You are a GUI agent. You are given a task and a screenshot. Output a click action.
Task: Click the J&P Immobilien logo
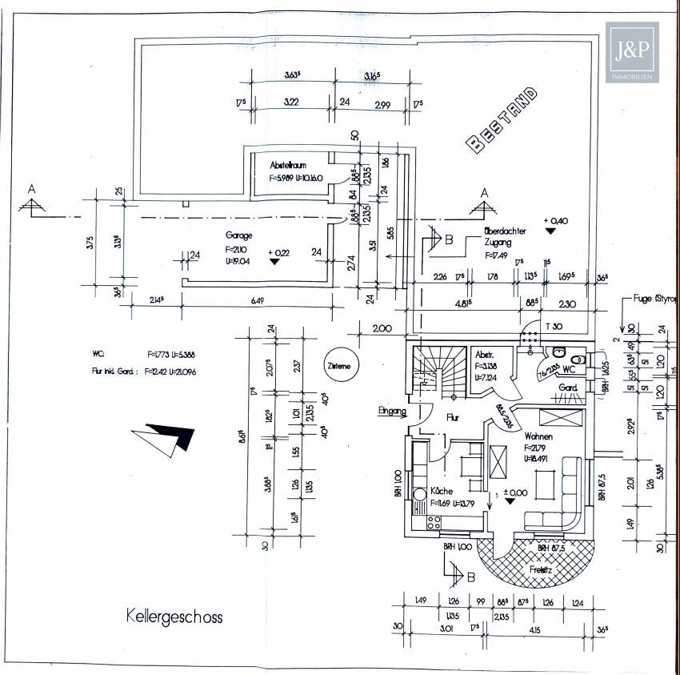pos(631,53)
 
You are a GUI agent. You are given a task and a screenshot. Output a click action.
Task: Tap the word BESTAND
pos(502,119)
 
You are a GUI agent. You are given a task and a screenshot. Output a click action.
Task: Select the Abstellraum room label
pos(288,163)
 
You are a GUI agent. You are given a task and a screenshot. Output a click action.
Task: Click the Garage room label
pos(238,235)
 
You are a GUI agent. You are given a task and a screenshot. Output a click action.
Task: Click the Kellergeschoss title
pos(174,617)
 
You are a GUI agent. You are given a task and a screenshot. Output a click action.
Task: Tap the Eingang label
pos(393,412)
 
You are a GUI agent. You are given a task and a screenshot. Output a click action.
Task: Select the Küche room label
pos(442,490)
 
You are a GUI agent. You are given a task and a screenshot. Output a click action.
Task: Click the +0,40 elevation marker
pos(554,221)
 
